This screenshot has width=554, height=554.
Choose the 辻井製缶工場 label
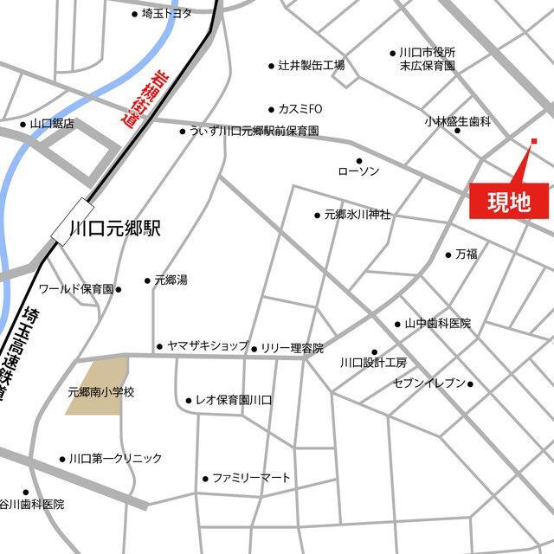pos(311,66)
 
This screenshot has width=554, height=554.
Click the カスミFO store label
pos(300,109)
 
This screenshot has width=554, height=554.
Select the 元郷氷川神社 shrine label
pos(357,214)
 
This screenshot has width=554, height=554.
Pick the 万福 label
pos(466,254)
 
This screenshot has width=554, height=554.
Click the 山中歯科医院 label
pos(437,324)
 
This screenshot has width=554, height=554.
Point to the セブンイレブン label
pos(429,383)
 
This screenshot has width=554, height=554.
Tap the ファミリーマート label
pos(251,478)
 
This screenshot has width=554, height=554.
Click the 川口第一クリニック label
pos(115,459)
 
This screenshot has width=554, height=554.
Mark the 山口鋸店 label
pos(51,125)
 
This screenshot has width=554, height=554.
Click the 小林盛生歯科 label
pos(458,123)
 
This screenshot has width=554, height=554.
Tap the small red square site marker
pos(534,141)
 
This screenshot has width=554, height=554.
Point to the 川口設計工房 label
pos(373,362)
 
